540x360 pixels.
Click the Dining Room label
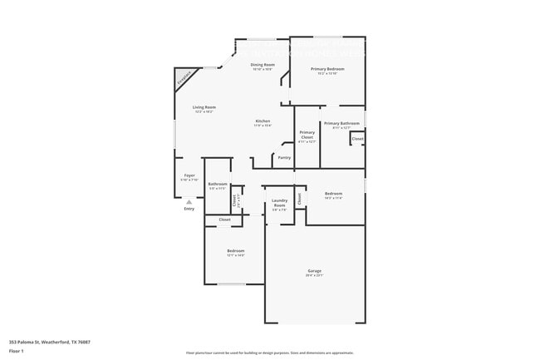coord(263,64)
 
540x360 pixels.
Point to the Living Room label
coord(204,107)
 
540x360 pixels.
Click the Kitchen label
coord(263,121)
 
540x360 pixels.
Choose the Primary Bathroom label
coord(341,123)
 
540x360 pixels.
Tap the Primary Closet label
coord(307,134)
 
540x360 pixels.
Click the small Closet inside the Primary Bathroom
coord(357,139)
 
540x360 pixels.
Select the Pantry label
coord(284,157)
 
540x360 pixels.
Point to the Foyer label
coord(189,175)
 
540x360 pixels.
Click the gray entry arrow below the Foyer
coord(189,201)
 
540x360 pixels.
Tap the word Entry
coord(189,209)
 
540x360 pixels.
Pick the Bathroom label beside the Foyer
coord(218,184)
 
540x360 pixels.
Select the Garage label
coord(314,271)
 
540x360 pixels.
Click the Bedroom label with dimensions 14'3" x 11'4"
coord(333,194)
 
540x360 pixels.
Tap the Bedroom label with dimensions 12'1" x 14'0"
coord(236,250)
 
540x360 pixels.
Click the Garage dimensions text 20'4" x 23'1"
coord(314,276)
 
